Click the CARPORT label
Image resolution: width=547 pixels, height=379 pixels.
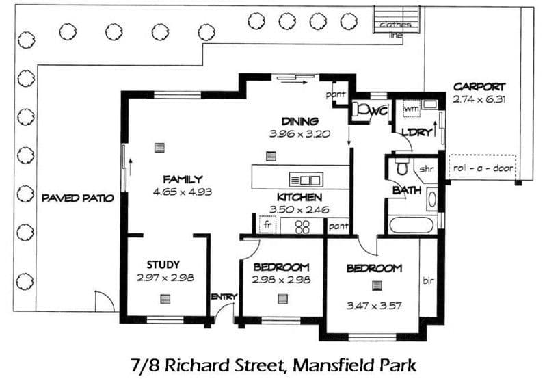click(x=479, y=87)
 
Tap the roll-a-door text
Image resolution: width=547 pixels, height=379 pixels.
click(x=483, y=168)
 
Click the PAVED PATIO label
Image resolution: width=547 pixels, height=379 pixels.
click(x=78, y=198)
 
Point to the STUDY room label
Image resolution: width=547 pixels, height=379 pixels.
click(x=163, y=265)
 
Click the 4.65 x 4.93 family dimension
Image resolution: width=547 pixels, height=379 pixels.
click(x=183, y=192)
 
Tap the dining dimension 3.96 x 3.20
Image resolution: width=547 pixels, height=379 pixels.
click(x=300, y=133)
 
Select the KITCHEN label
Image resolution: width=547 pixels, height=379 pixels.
click(x=299, y=197)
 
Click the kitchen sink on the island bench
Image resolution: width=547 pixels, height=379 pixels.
click(x=306, y=180)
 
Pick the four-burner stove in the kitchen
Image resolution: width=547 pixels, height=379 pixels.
click(x=302, y=226)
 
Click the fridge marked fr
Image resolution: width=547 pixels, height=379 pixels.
click(x=267, y=225)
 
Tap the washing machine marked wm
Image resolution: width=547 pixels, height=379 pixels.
click(x=412, y=109)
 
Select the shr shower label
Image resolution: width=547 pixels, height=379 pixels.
click(x=426, y=169)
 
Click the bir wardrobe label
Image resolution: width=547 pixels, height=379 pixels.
click(x=428, y=280)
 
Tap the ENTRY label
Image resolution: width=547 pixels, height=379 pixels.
click(x=224, y=297)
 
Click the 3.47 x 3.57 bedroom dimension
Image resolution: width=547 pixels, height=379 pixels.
click(x=374, y=306)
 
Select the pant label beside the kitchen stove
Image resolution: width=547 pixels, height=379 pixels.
click(x=338, y=226)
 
